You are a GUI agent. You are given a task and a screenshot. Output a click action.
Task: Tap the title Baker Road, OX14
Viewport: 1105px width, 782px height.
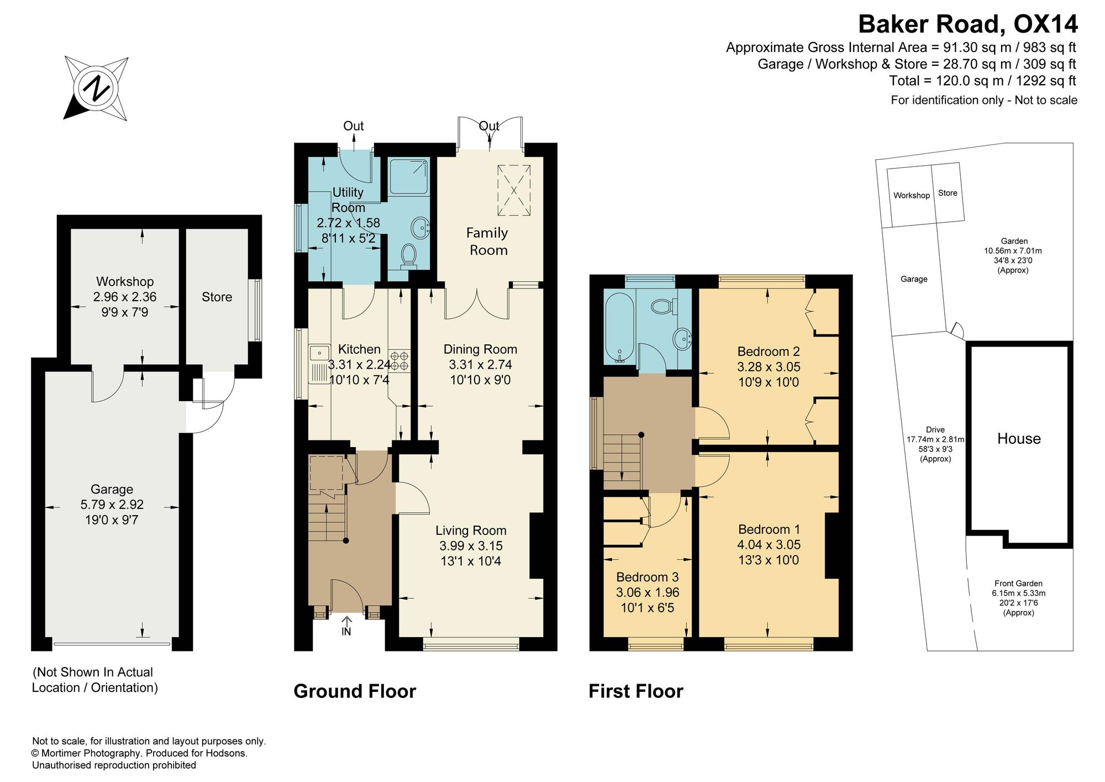coord(967,24)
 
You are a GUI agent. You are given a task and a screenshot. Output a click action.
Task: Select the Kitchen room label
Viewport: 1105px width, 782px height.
coord(359,349)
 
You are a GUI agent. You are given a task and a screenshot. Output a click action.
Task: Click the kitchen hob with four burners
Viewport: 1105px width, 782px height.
coord(400,360)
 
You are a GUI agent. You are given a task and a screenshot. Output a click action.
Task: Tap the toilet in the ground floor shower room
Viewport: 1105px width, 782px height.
coord(409,255)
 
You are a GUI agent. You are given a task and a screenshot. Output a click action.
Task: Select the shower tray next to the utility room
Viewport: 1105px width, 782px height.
coord(409,177)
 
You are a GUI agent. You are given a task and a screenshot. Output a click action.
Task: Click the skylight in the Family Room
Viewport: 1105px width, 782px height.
coord(514,190)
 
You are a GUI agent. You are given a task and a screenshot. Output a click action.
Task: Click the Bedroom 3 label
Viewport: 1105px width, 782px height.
coord(648,578)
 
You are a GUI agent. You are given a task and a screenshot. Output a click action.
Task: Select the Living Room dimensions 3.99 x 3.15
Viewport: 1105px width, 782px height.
coord(471,546)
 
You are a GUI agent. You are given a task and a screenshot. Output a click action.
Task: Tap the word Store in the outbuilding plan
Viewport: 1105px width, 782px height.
coord(217,297)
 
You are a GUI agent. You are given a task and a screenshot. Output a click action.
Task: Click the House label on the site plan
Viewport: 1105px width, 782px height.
coord(1019,439)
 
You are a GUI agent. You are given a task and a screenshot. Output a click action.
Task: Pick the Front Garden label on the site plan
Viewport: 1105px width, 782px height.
coord(1018,584)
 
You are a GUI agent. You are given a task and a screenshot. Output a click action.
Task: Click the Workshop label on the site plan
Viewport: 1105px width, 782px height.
coord(912,196)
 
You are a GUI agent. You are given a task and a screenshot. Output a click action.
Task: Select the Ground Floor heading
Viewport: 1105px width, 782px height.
coord(355,691)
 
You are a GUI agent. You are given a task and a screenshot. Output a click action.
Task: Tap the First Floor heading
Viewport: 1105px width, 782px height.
coord(636,691)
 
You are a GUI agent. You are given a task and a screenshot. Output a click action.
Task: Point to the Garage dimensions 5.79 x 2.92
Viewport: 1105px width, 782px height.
coord(112,505)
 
